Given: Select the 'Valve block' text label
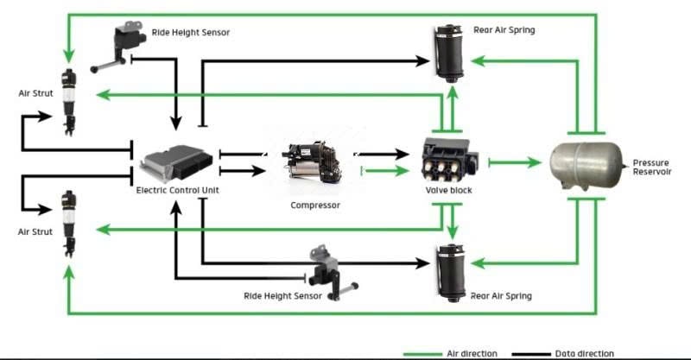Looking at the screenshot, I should coord(448,190).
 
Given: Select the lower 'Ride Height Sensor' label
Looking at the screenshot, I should coord(284,296).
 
